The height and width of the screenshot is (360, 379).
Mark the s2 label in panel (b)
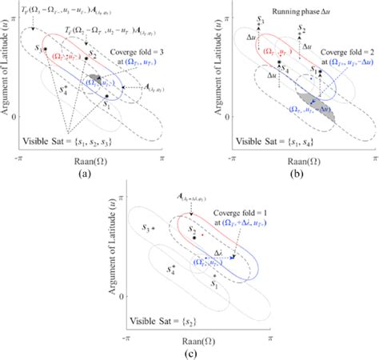pyautogui.click(x=301, y=30)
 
